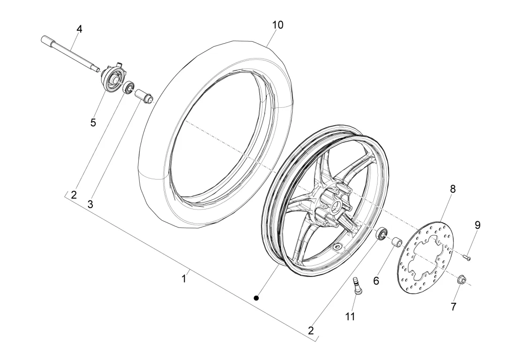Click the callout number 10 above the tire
[x=278, y=25]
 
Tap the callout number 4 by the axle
[x=79, y=29]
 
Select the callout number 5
[x=93, y=123]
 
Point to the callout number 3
[x=90, y=204]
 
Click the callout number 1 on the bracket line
[x=183, y=278]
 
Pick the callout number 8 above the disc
[x=453, y=189]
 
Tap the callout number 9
[x=477, y=225]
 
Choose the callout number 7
[x=453, y=307]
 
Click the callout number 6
[x=376, y=281]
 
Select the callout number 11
[x=350, y=316]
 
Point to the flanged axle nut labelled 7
[x=461, y=279]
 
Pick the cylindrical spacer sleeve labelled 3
[x=144, y=96]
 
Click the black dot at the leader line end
[x=256, y=298]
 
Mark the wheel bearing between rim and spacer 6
[x=382, y=233]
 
